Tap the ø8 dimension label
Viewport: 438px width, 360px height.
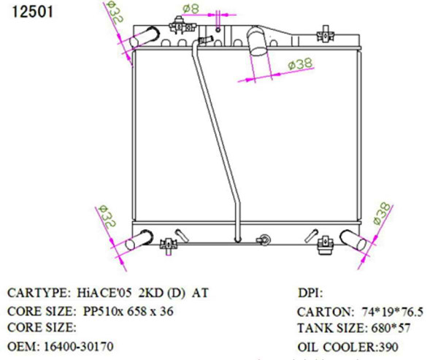(191, 9)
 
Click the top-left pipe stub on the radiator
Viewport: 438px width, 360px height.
(142, 37)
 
